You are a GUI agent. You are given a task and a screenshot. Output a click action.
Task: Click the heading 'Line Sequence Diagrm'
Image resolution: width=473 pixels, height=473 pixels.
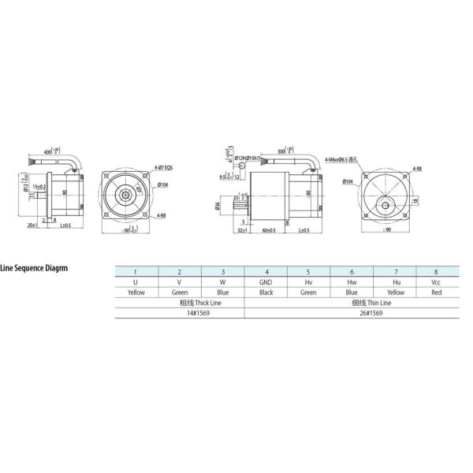click(34, 267)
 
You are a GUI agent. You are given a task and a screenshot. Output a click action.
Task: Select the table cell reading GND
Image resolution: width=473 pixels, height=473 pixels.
click(266, 281)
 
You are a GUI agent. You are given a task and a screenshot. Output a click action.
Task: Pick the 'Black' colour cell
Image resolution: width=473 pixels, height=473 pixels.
click(266, 292)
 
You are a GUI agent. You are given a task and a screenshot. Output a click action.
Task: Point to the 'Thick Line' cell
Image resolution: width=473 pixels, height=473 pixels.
click(180, 302)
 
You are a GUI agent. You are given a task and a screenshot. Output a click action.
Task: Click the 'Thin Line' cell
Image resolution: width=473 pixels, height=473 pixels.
click(352, 302)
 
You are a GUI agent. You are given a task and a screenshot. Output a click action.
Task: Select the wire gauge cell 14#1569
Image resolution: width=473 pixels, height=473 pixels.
click(180, 313)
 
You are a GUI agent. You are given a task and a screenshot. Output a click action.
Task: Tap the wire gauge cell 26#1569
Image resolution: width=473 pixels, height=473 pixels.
click(352, 313)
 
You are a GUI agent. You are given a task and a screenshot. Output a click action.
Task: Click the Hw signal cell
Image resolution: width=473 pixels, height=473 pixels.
click(352, 281)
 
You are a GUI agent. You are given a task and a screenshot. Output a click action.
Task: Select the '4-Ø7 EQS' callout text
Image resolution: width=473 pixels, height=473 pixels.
click(164, 167)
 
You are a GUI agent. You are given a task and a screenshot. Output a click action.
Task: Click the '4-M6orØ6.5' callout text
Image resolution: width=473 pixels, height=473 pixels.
click(340, 159)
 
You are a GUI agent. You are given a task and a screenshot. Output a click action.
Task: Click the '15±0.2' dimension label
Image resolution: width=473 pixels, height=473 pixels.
click(38, 186)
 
